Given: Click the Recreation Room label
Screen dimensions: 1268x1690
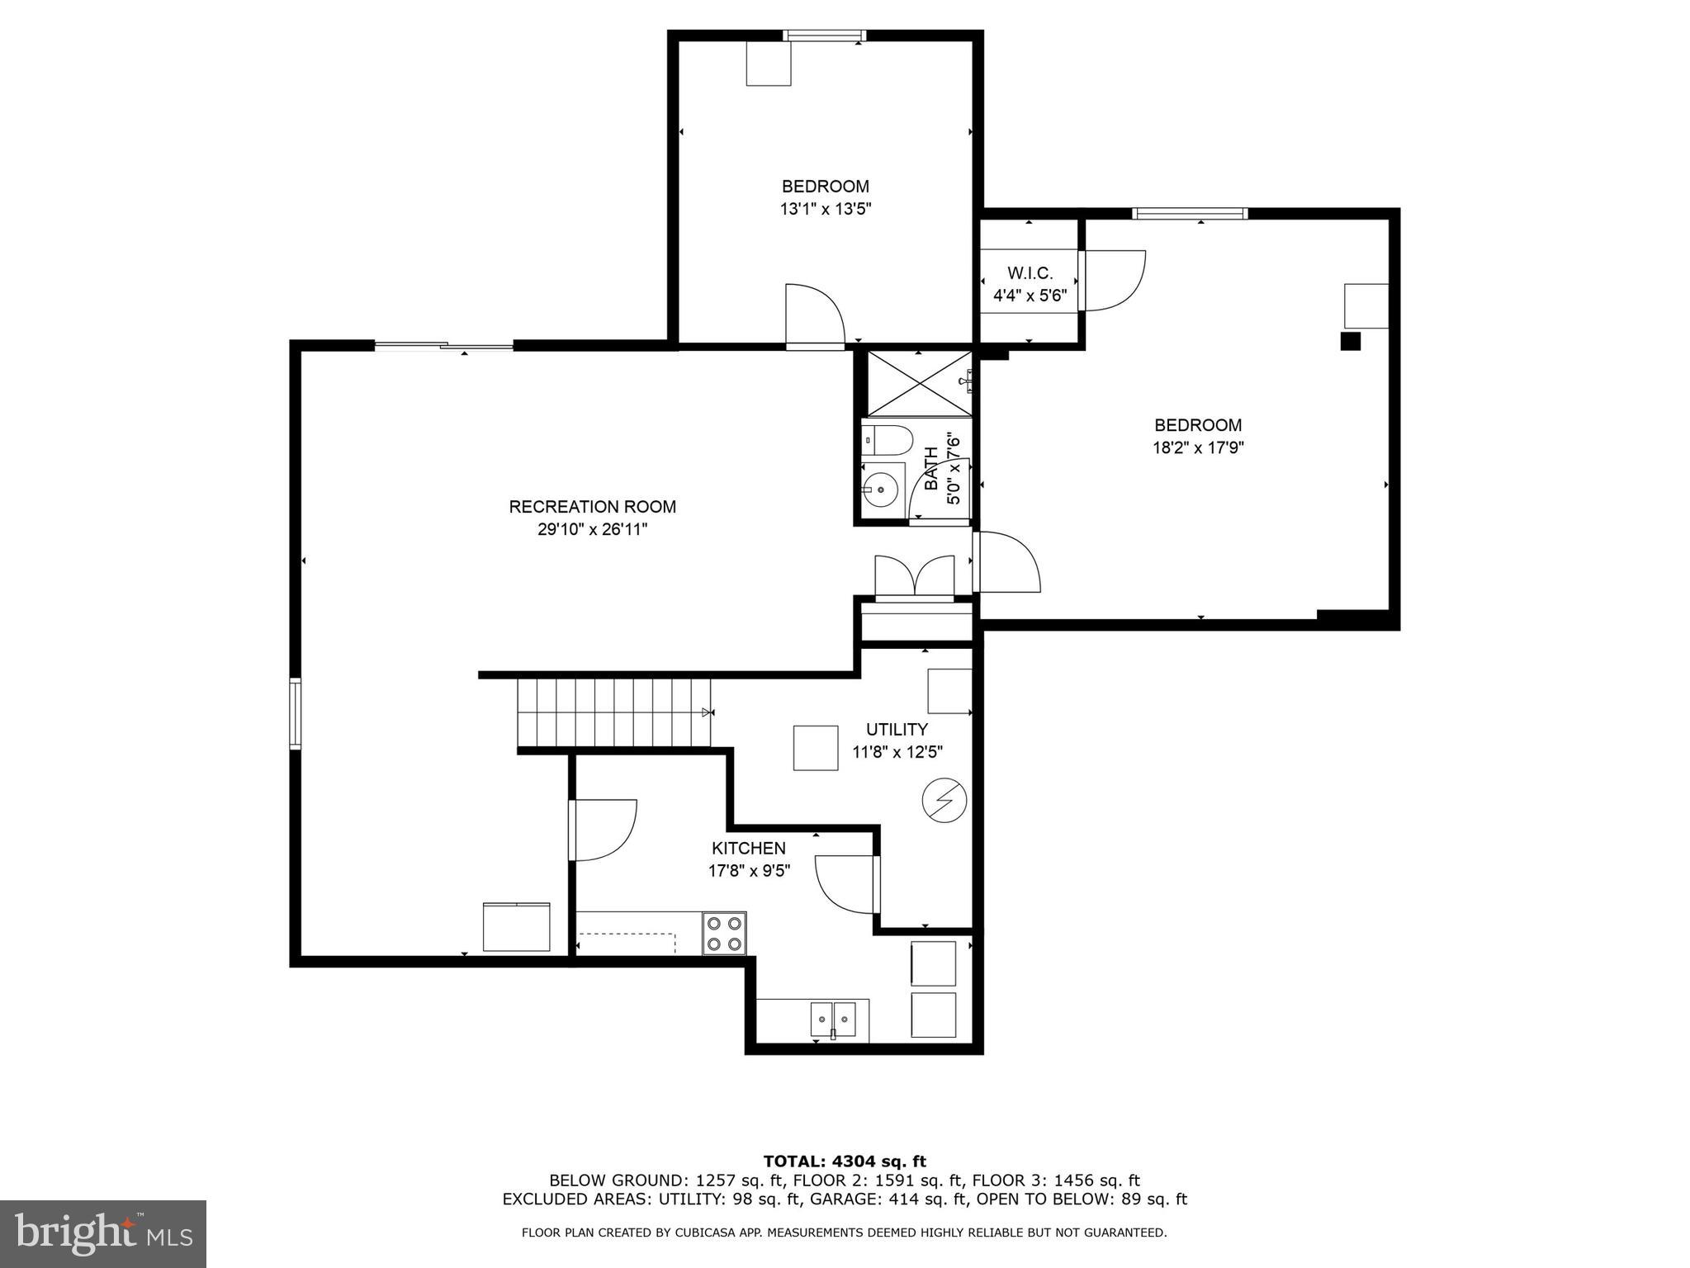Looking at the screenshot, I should (x=592, y=507).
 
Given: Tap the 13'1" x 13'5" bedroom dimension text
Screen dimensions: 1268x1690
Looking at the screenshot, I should (x=825, y=210).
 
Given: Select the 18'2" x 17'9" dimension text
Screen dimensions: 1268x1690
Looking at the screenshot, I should (x=1198, y=448).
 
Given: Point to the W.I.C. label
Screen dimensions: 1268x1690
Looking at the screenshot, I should (x=1030, y=273).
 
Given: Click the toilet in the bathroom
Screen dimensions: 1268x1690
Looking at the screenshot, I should (x=887, y=441).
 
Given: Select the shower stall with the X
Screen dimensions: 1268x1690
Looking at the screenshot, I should (x=918, y=384).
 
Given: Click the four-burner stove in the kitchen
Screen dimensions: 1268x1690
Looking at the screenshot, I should (x=724, y=934).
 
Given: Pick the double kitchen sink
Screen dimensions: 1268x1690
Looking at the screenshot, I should (x=833, y=1020).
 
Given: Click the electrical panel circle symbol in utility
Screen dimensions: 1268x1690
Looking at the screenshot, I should (x=944, y=800).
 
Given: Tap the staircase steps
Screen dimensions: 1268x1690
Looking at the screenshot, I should (x=614, y=712).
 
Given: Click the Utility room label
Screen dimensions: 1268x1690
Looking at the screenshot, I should (x=897, y=730).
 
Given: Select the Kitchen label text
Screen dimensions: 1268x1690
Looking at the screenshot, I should (x=748, y=849).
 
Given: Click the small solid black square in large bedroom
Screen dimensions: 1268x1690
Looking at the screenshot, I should (x=1349, y=341).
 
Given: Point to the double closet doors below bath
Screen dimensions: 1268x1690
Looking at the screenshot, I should (x=914, y=575).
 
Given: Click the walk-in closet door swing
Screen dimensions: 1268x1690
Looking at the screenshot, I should (x=1115, y=280).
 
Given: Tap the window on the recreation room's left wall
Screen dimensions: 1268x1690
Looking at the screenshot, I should (x=295, y=713).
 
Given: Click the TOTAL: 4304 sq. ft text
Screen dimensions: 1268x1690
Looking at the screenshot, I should (x=844, y=1162).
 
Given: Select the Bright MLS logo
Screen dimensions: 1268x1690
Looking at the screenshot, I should (x=102, y=1233).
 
